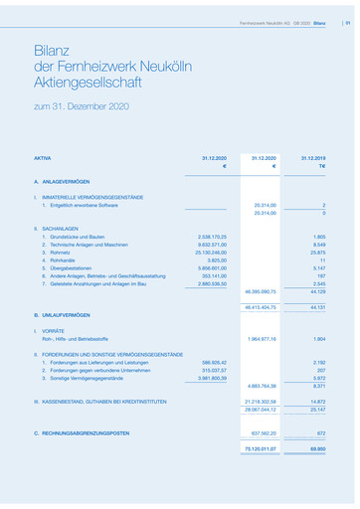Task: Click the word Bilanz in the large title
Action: tap(52, 50)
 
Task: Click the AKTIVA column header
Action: tap(42, 158)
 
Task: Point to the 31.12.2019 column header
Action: tap(312, 158)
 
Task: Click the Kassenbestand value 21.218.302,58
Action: tap(256, 401)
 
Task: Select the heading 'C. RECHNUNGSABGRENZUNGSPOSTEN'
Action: tap(82, 433)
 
